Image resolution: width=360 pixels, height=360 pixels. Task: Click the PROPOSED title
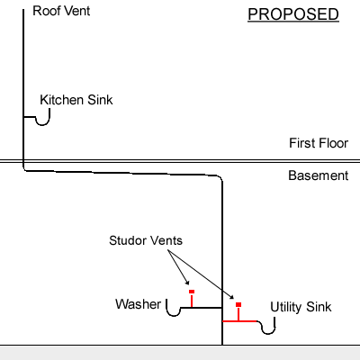click(x=293, y=14)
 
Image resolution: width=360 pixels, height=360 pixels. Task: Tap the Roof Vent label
click(x=61, y=11)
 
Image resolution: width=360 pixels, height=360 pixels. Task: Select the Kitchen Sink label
click(x=76, y=100)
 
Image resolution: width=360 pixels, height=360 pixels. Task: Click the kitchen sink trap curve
click(x=43, y=123)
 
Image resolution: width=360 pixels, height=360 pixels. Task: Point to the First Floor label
click(x=319, y=143)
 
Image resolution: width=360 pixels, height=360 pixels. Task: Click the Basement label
click(x=319, y=175)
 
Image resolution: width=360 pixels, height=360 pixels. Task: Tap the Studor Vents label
click(x=146, y=240)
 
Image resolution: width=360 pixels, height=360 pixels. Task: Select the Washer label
click(x=138, y=304)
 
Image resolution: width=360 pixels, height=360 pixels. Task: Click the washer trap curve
click(x=174, y=315)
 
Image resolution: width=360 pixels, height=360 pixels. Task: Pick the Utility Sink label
click(x=301, y=307)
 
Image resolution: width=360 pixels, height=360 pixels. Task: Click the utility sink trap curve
click(x=268, y=333)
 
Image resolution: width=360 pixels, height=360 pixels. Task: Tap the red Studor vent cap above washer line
click(x=192, y=292)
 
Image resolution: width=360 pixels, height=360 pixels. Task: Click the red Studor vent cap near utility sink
click(x=238, y=305)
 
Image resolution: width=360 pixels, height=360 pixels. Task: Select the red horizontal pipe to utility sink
click(x=240, y=321)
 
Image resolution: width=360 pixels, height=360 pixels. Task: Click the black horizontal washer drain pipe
click(x=202, y=308)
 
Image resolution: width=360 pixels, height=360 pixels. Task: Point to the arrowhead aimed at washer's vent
click(x=187, y=283)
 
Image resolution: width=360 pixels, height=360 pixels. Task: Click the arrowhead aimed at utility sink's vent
click(x=231, y=297)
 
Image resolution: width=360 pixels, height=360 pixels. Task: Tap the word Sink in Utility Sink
click(x=319, y=307)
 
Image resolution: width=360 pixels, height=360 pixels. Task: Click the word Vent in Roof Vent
click(x=77, y=11)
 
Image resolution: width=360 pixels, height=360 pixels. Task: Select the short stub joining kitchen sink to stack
click(x=30, y=117)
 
